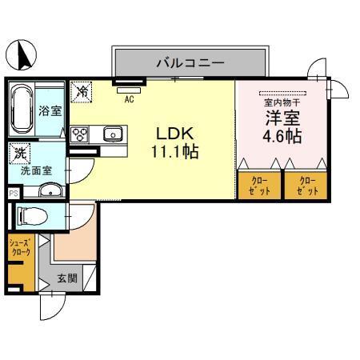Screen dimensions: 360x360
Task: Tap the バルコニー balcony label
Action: (x=190, y=62)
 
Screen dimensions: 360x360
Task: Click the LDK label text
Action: (x=172, y=132)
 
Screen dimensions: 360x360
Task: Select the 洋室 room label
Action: (x=283, y=118)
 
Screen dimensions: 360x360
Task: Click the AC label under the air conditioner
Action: (x=129, y=99)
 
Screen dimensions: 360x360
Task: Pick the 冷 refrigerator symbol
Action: (x=81, y=92)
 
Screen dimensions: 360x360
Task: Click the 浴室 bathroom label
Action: (x=50, y=110)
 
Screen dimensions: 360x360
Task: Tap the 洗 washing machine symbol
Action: (x=18, y=150)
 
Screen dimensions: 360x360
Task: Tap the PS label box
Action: (x=12, y=193)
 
